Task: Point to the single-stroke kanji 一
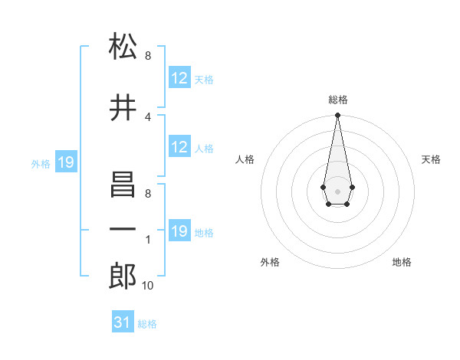click(123, 230)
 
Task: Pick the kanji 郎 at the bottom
click(123, 276)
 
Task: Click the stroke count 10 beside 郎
click(148, 286)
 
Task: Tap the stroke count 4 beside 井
click(148, 117)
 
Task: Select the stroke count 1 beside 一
click(148, 240)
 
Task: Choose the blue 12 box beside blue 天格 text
click(179, 78)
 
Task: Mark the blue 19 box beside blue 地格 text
click(179, 231)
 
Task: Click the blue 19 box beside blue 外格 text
click(65, 162)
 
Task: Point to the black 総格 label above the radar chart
click(338, 100)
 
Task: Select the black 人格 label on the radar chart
click(245, 159)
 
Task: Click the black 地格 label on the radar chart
click(402, 262)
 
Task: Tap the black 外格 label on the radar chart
click(270, 262)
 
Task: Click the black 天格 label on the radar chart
click(431, 159)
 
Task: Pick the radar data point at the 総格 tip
click(337, 116)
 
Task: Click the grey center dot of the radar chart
click(337, 190)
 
